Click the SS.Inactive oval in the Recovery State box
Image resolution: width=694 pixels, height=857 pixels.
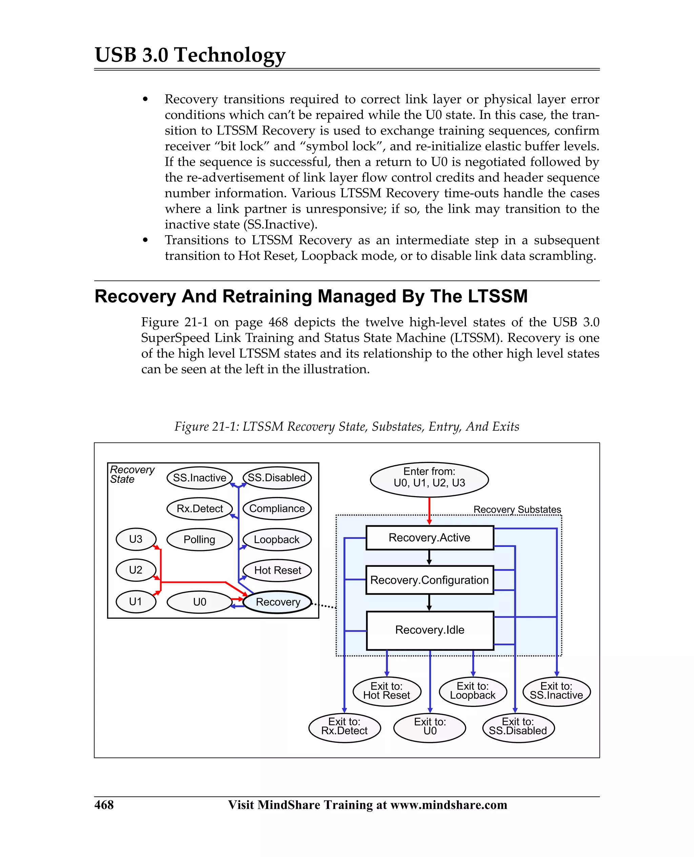coord(199,478)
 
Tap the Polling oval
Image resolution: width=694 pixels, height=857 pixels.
coord(199,539)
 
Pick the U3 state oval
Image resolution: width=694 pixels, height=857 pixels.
coord(136,539)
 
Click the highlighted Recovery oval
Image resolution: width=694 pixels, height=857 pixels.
coord(278,602)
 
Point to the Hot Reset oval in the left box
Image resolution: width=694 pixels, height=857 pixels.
coord(278,570)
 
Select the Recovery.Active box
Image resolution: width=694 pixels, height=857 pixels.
coord(429,538)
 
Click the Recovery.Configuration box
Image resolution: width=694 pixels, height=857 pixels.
coord(429,580)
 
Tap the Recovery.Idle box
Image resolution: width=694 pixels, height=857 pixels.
coord(429,630)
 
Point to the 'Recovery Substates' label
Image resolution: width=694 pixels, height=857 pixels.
coord(517,510)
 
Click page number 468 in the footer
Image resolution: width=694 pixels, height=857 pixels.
coord(104,804)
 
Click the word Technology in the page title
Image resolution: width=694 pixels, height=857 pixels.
coord(230,55)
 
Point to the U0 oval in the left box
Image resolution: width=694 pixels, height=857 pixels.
coord(199,602)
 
